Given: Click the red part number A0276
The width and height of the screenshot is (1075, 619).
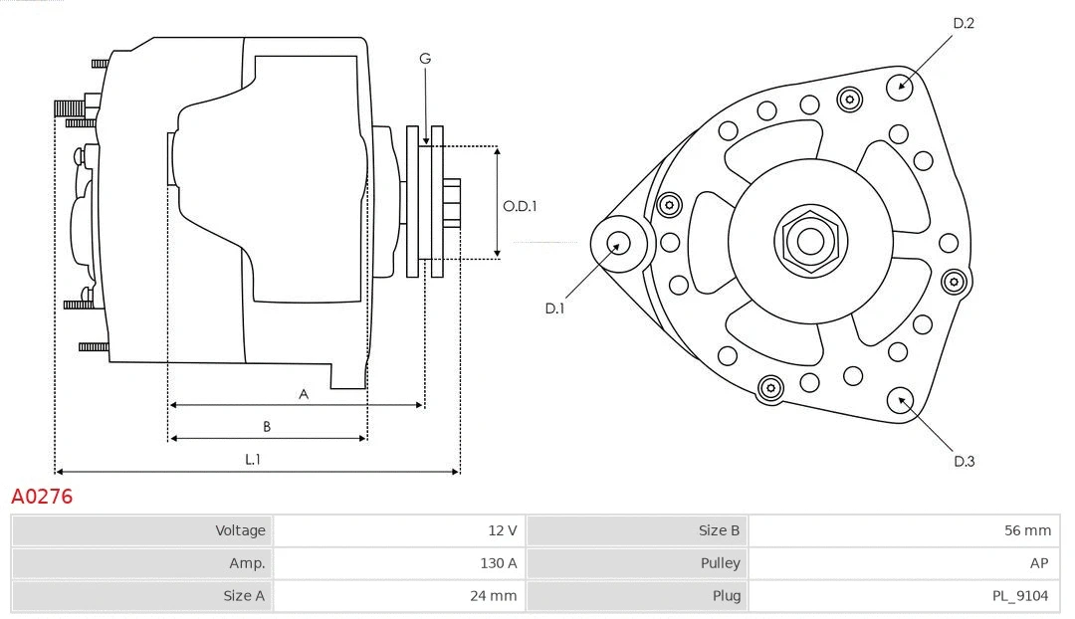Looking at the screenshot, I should [x=42, y=496].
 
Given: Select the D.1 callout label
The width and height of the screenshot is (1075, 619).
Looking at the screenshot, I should [x=554, y=309].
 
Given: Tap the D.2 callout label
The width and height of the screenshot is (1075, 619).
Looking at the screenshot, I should [x=963, y=23].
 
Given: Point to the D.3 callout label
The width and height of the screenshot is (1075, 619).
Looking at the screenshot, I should [x=964, y=461].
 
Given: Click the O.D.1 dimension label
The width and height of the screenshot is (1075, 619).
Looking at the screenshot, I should [x=520, y=207].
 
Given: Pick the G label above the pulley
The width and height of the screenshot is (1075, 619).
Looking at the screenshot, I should [x=425, y=59].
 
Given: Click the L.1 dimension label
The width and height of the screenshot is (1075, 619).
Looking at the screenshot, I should [x=253, y=459].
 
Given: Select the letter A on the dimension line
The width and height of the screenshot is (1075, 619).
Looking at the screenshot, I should [x=304, y=394].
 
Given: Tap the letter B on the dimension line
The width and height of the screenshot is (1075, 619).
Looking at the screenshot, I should [x=267, y=427].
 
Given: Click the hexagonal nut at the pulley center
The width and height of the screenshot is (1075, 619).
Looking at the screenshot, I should [x=810, y=241].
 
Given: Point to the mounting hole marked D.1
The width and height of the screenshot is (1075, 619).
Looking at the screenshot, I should [x=617, y=242].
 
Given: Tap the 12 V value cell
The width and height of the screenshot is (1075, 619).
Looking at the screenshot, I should [x=502, y=530].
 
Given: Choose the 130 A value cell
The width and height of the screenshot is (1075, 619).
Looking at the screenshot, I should [x=498, y=563].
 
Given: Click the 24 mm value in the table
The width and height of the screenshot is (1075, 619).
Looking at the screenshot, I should [x=495, y=596].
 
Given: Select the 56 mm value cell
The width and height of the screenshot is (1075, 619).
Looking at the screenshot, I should [x=1027, y=530].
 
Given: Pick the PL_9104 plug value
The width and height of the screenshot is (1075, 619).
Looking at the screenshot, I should [x=1020, y=596].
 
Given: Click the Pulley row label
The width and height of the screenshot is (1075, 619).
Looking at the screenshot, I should [x=720, y=563].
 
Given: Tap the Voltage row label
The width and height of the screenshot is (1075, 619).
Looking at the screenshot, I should [x=240, y=530].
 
